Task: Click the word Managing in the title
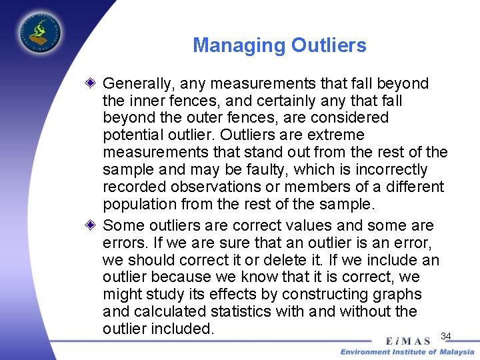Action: [239, 45]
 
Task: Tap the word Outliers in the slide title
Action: [329, 45]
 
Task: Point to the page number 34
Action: [446, 335]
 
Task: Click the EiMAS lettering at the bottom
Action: [408, 341]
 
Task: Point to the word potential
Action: [131, 135]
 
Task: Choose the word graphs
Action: [399, 295]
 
